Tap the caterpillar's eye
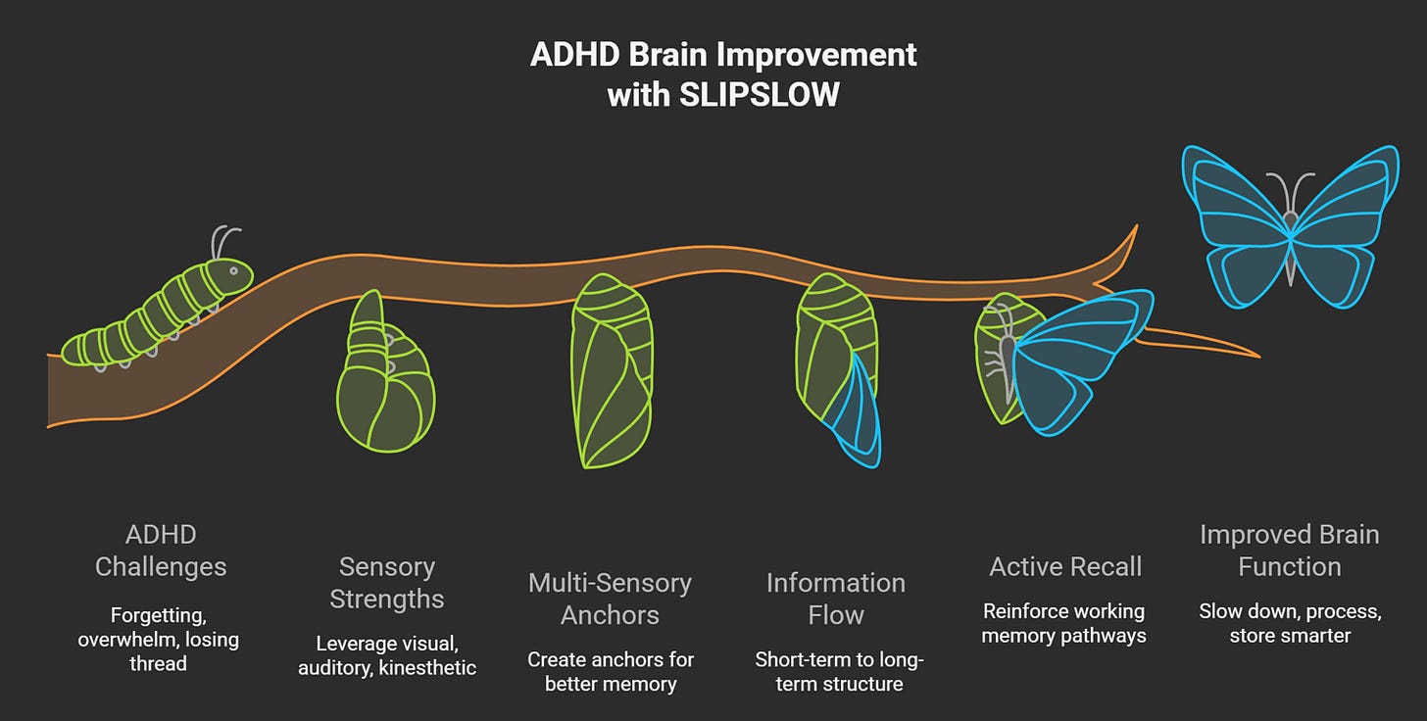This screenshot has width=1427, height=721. click(233, 270)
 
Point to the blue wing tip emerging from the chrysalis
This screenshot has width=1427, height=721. click(855, 411)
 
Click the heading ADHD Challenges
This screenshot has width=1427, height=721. click(161, 551)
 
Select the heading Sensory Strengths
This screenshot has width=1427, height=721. click(386, 583)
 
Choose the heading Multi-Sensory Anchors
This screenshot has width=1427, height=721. click(610, 599)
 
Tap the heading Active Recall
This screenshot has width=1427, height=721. click(1065, 566)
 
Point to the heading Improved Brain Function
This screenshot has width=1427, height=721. click(1289, 551)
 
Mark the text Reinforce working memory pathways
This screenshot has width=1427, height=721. click(1063, 623)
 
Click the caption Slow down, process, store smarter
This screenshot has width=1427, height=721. click(1290, 623)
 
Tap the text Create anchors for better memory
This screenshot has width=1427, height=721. click(610, 671)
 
